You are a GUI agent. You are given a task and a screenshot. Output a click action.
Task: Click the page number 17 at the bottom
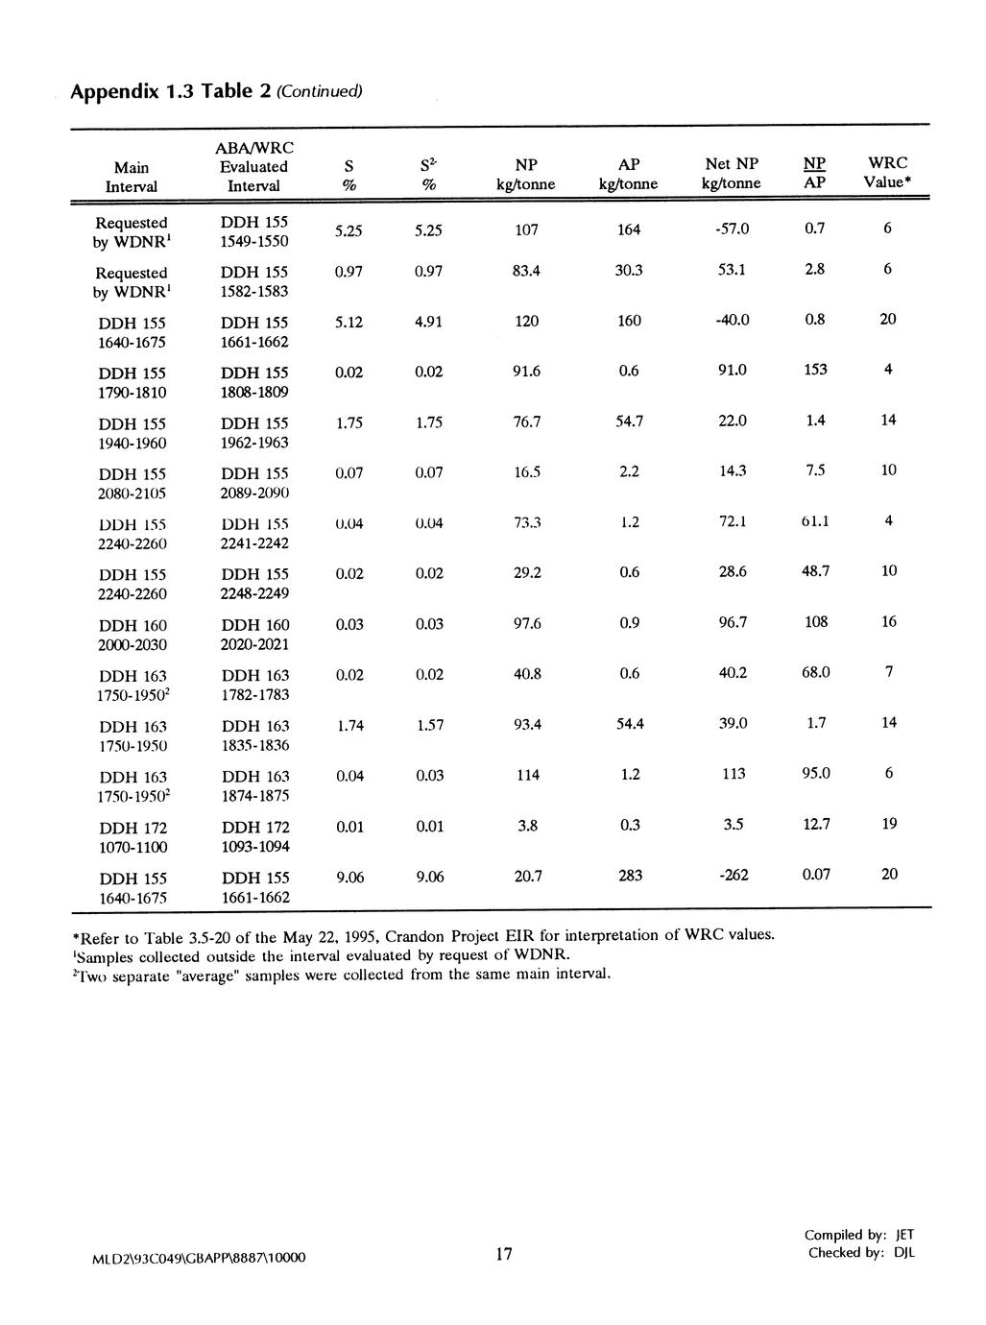504,1254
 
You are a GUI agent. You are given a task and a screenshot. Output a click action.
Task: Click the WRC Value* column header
887,173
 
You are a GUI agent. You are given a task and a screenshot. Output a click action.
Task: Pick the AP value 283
630,875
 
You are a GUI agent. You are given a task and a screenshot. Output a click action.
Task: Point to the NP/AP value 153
815,370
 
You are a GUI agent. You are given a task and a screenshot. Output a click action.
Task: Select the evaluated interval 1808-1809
254,392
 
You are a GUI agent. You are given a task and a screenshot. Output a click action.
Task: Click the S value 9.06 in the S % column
349,876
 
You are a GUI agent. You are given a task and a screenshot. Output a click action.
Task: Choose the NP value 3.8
527,825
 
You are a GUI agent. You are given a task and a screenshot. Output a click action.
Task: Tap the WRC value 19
889,824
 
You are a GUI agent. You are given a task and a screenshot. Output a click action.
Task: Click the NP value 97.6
527,623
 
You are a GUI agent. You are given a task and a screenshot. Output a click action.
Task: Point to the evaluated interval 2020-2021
254,644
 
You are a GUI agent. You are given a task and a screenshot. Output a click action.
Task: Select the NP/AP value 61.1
815,521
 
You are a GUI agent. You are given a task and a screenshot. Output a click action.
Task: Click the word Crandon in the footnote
423,935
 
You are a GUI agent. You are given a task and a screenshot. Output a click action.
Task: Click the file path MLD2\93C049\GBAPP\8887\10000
200,1257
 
